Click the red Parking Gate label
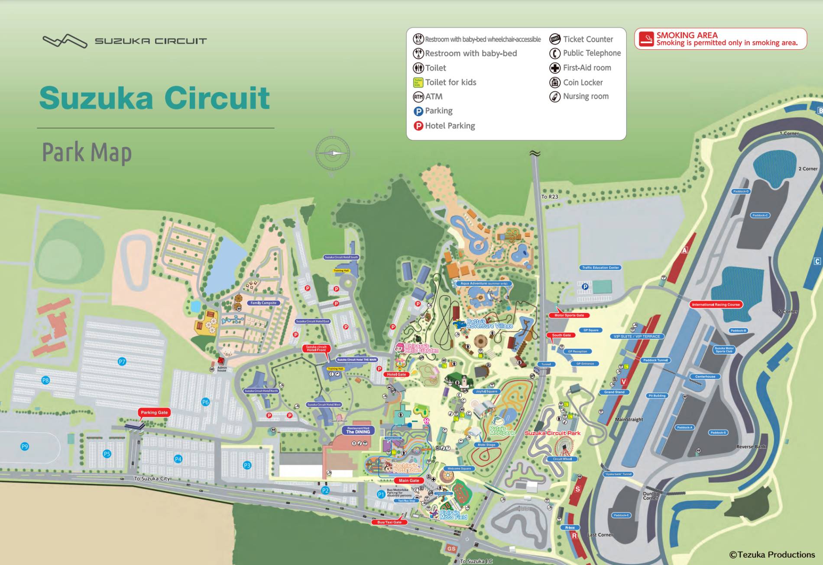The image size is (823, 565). coord(154,413)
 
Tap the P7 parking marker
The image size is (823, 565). coord(122,362)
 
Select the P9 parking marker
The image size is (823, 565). coord(25,446)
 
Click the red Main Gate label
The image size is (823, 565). coord(408,481)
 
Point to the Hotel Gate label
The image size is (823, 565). coord(396,375)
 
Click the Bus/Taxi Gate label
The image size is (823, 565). coord(389,522)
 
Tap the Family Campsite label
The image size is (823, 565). coord(263,303)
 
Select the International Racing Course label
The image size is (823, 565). coord(716,304)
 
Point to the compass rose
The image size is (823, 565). coord(332,153)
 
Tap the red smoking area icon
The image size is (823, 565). coord(646,39)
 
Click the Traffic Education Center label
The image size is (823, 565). coord(600,268)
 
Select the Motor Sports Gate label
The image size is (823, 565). coord(569,315)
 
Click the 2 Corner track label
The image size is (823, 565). coord(807,169)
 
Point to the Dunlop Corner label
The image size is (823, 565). coord(651,496)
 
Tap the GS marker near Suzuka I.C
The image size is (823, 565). coord(451,549)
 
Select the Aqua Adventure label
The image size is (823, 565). coord(483,284)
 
